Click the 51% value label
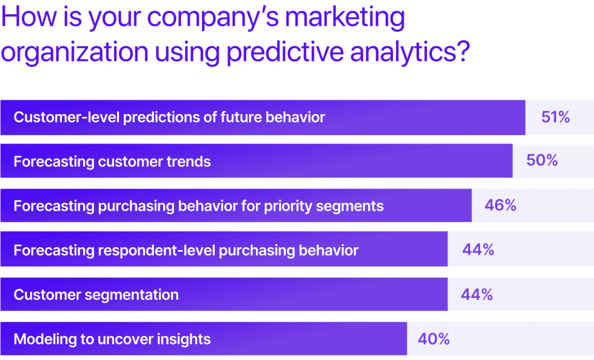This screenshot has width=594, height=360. [555, 117]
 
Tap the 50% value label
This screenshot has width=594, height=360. [542, 160]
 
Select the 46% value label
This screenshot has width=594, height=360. [500, 205]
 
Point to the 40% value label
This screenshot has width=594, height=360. [434, 339]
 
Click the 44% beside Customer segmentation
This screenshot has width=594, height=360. [477, 295]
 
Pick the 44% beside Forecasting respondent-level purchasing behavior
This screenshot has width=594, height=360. [478, 250]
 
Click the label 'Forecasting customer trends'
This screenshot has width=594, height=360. [112, 161]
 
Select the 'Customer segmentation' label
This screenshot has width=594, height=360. [96, 295]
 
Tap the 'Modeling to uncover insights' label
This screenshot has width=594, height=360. [112, 339]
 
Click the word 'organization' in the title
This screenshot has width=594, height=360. [74, 52]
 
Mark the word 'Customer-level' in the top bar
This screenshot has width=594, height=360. [66, 117]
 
